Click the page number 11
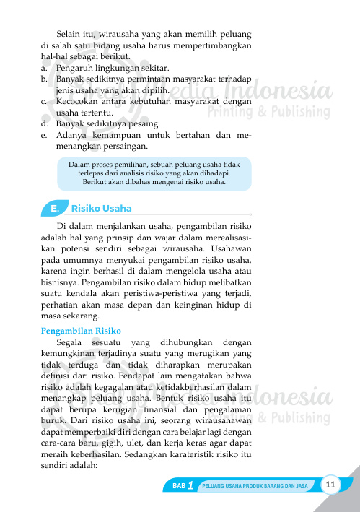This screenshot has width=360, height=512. [x=331, y=484]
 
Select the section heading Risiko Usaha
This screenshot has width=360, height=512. [x=102, y=209]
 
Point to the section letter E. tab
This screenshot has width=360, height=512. [x=54, y=209]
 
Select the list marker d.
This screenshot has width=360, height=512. [x=45, y=123]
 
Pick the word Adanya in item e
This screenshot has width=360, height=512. [x=72, y=135]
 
